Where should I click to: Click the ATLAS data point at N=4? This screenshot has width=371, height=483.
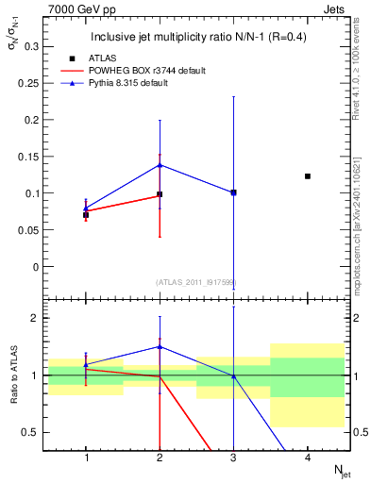tap(308, 176)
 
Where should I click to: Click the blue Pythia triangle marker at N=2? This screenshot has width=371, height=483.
tap(160, 165)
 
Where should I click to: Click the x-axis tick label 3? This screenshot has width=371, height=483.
tap(233, 458)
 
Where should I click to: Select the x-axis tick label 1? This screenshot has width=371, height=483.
tap(86, 458)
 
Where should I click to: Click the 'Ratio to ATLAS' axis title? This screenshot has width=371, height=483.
tap(13, 374)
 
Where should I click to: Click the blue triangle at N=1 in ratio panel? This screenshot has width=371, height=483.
tap(86, 364)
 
